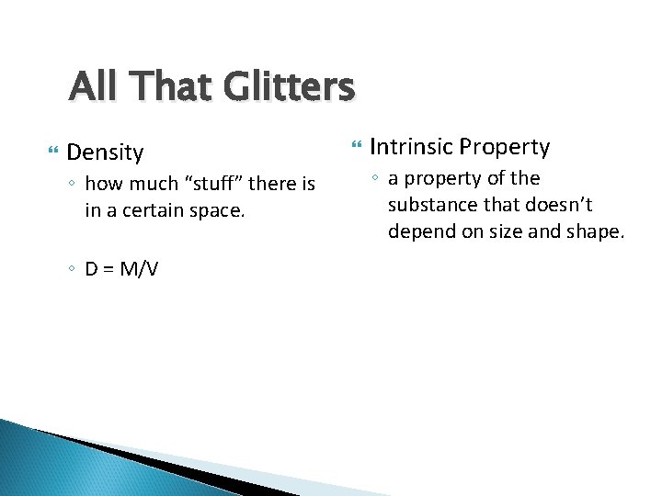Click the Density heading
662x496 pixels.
point(106,152)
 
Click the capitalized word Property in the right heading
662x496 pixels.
point(505,147)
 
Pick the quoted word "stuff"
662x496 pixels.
point(217,185)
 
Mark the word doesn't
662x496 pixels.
point(561,204)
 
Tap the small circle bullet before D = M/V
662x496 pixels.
point(72,270)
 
